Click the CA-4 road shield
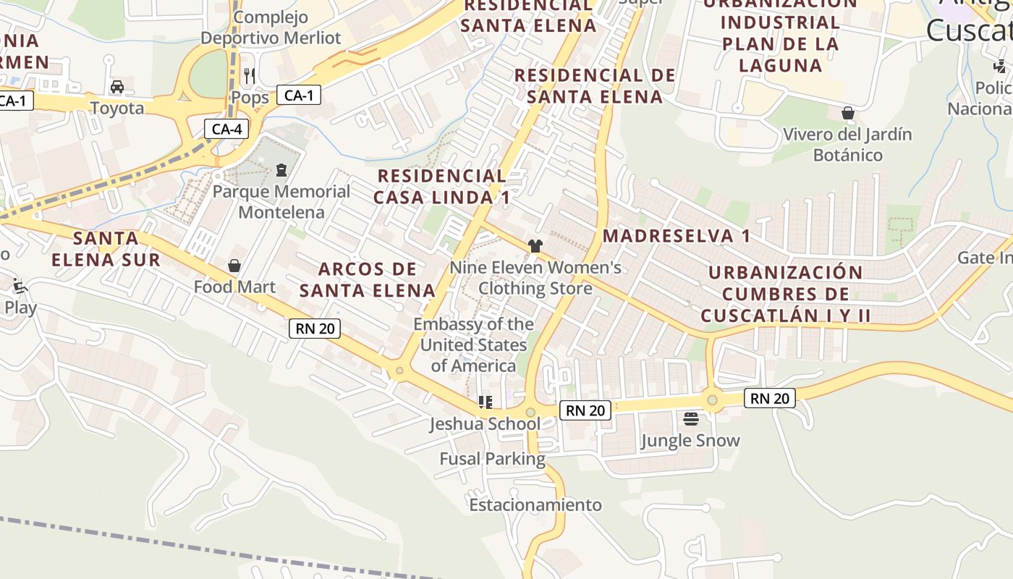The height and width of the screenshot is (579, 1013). click(226, 130)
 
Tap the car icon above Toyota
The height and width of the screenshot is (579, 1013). click(116, 87)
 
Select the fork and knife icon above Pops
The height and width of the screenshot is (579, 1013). click(250, 75)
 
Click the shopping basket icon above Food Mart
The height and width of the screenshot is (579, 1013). click(234, 266)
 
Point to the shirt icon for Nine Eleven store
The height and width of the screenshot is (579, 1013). click(535, 246)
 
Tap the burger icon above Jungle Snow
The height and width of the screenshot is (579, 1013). click(690, 419)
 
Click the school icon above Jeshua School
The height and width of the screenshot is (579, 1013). click(485, 402)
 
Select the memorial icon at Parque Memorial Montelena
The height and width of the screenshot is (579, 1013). click(281, 170)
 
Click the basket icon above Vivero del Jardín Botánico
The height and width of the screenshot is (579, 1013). click(847, 114)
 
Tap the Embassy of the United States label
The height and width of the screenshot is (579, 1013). click(474, 345)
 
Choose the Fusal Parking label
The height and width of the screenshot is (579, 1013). click(493, 459)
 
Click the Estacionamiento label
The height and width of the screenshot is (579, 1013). click(535, 504)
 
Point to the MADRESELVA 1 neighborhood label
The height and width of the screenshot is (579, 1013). click(677, 236)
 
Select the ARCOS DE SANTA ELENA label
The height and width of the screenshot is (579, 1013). click(368, 279)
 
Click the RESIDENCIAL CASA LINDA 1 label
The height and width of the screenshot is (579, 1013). click(441, 186)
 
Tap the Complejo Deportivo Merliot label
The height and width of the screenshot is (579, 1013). click(271, 28)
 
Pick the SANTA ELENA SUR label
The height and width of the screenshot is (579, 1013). click(106, 248)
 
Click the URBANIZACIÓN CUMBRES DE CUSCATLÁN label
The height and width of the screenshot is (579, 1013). click(785, 294)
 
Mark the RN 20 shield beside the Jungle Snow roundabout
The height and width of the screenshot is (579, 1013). click(769, 398)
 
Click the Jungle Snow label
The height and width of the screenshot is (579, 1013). click(690, 441)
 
